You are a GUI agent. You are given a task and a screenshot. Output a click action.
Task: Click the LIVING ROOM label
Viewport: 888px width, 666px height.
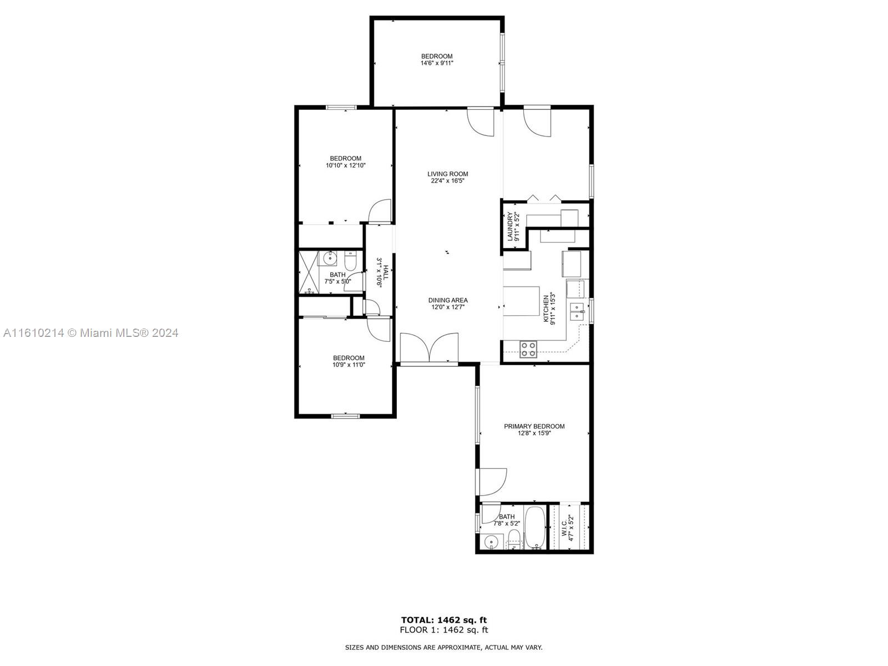click(x=447, y=174)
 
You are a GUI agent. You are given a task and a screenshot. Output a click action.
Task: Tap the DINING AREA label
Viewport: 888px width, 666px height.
click(x=448, y=300)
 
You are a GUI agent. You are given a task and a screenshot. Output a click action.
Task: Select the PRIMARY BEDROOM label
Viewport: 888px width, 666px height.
click(x=534, y=426)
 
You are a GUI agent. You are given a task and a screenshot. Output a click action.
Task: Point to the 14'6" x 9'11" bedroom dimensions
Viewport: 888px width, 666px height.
click(x=437, y=63)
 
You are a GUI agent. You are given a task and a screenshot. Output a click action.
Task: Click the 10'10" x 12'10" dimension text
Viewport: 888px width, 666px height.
click(x=346, y=165)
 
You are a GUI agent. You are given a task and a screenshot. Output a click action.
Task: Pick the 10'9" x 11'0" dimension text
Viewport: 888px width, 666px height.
click(x=349, y=365)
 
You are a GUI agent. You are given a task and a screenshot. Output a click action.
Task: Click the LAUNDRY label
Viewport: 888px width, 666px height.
click(x=509, y=226)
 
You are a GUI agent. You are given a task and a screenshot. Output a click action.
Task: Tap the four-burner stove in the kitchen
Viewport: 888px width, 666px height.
click(x=528, y=350)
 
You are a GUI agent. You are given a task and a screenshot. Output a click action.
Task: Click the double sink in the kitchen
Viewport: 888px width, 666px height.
click(x=577, y=311)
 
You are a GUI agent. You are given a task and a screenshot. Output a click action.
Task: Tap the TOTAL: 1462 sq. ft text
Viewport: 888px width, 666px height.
click(x=444, y=620)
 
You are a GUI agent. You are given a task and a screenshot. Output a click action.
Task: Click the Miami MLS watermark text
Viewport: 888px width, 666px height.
click(x=90, y=333)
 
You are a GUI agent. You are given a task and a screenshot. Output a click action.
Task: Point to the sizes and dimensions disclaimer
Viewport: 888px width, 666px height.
click(x=443, y=647)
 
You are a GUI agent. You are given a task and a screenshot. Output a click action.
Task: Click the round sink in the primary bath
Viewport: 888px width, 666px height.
click(x=492, y=541)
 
